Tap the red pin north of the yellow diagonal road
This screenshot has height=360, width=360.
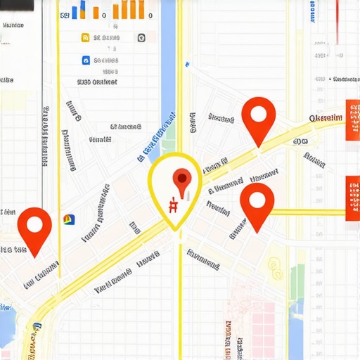pyautogui.click(x=258, y=115)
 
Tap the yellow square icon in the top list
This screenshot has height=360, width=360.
pyautogui.click(x=86, y=37)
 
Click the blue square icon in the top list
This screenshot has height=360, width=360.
pyautogui.click(x=86, y=60)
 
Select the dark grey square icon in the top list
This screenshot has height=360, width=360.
pyautogui.click(x=141, y=37)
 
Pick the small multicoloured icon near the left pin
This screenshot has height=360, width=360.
pyautogui.click(x=69, y=219)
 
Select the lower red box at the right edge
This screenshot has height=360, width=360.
pyautogui.click(x=353, y=198)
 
